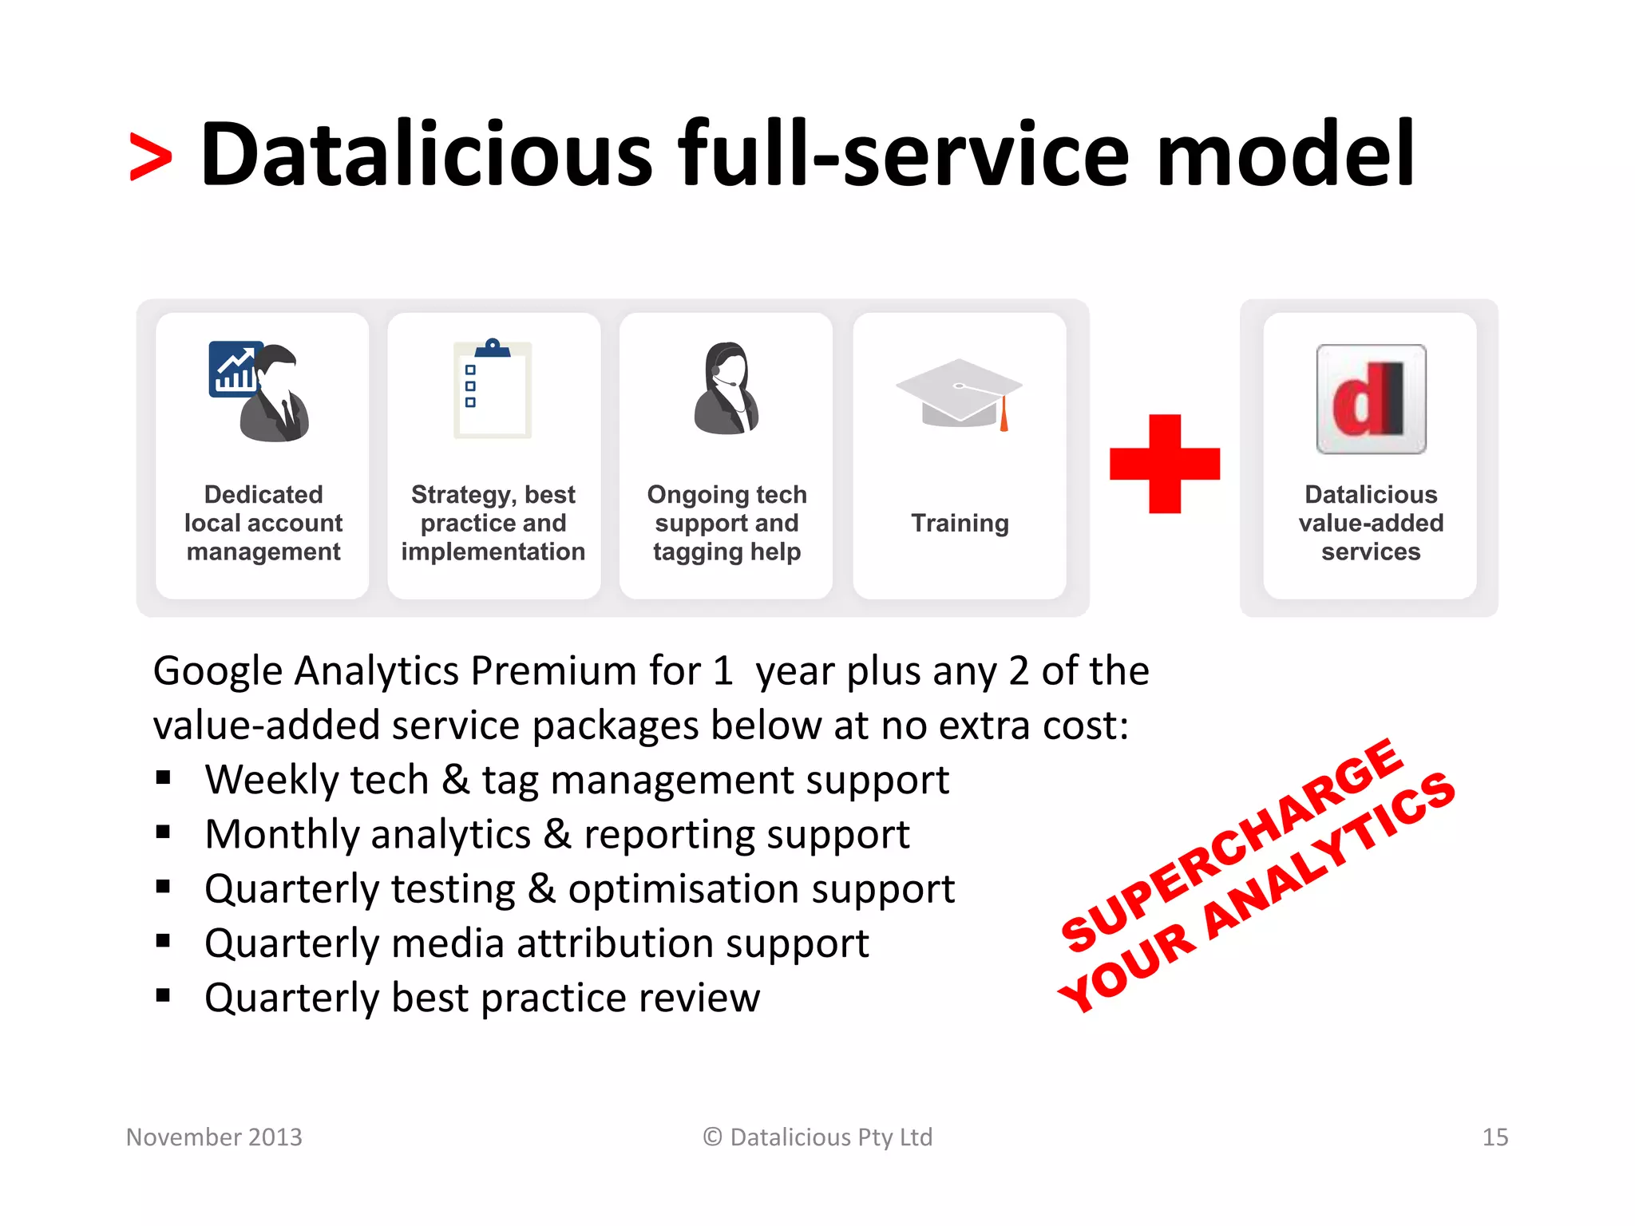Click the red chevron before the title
tap(150, 157)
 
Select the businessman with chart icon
tap(260, 391)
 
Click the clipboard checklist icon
tap(493, 389)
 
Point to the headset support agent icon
tap(726, 389)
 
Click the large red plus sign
tap(1165, 464)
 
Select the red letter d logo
tap(1370, 399)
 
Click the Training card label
tap(960, 523)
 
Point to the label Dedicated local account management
tap(263, 523)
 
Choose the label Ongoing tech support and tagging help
tap(726, 523)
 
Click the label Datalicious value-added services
tap(1370, 523)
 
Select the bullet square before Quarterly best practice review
tap(164, 995)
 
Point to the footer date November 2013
tap(214, 1137)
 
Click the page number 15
tap(1494, 1137)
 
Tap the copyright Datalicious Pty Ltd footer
tap(817, 1137)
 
